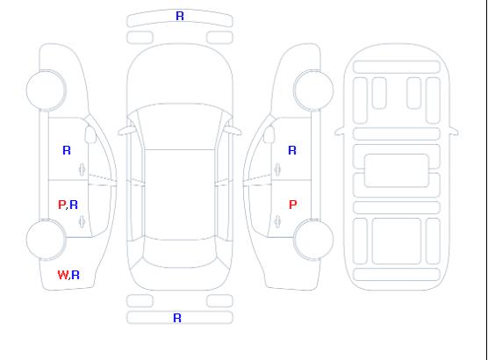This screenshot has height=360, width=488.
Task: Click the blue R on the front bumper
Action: pyautogui.click(x=180, y=16)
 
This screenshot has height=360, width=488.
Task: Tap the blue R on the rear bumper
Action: pyautogui.click(x=177, y=318)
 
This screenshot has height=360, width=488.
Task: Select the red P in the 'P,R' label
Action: pyautogui.click(x=61, y=205)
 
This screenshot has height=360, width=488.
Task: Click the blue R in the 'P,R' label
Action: pyautogui.click(x=74, y=205)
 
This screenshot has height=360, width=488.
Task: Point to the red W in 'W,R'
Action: pyautogui.click(x=62, y=275)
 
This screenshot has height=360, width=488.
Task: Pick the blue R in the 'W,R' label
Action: pyautogui.click(x=75, y=275)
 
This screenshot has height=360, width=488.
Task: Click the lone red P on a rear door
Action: pyautogui.click(x=293, y=205)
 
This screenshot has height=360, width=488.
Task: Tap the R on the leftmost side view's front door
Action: pyautogui.click(x=67, y=150)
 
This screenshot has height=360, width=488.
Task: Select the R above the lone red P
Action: pyautogui.click(x=292, y=150)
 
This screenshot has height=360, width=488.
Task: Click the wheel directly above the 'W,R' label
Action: pyautogui.click(x=46, y=240)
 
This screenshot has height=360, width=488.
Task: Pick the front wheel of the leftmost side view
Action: pyautogui.click(x=46, y=90)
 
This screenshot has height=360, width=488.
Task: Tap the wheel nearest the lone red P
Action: pyautogui.click(x=313, y=240)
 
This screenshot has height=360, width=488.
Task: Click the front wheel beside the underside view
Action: pyautogui.click(x=313, y=90)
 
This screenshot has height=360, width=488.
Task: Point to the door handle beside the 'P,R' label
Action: pyautogui.click(x=82, y=221)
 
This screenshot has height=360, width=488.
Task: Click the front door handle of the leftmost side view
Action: pyautogui.click(x=82, y=169)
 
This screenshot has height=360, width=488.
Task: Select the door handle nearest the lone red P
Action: pyautogui.click(x=277, y=221)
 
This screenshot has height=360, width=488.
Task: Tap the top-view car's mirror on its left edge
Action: pyautogui.click(x=126, y=131)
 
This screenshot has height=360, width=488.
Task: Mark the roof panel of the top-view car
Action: pyautogui.click(x=180, y=195)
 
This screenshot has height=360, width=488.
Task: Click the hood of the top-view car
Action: pyautogui.click(x=180, y=75)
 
